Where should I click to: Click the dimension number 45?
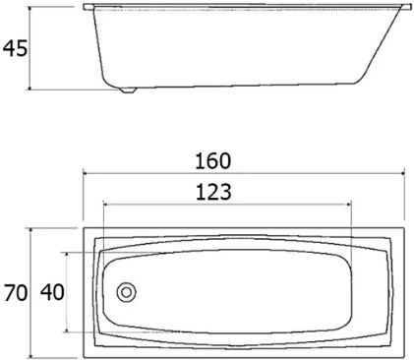pyautogui.click(x=16, y=48)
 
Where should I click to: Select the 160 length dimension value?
pyautogui.click(x=213, y=161)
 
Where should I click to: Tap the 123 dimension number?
pyautogui.click(x=213, y=192)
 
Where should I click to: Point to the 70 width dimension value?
pyautogui.click(x=16, y=292)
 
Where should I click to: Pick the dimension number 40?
pyautogui.click(x=52, y=292)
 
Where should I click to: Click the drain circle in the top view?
pyautogui.click(x=127, y=292)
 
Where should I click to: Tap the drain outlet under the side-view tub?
pyautogui.click(x=128, y=90)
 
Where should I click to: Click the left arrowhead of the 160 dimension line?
pyautogui.click(x=85, y=173)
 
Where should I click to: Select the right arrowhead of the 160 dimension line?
pyautogui.click(x=402, y=173)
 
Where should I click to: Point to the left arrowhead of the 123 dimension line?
pyautogui.click(x=105, y=205)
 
